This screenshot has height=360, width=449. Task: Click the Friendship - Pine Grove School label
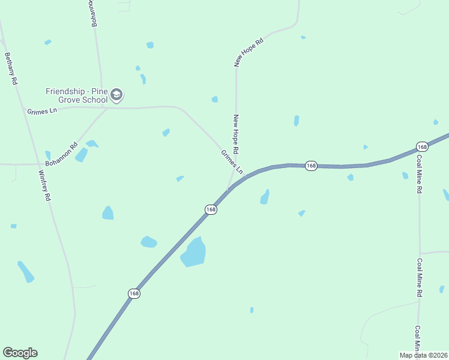[77, 95]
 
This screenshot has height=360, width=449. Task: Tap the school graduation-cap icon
[116, 95]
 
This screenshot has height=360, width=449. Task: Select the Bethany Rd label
[10, 68]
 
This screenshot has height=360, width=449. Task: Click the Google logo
[20, 353]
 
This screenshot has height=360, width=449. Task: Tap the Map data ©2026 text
[423, 355]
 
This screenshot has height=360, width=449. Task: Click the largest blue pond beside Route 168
[193, 252]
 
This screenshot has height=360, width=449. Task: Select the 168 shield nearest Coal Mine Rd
[422, 147]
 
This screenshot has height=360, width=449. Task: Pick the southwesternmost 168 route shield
[134, 293]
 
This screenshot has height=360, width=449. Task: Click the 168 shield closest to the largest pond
[210, 209]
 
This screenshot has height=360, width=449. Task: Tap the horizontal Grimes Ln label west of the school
[41, 112]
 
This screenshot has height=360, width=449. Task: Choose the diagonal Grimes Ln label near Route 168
[232, 162]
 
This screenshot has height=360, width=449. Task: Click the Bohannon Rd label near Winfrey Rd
[62, 154]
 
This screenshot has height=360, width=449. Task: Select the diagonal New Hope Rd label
[249, 52]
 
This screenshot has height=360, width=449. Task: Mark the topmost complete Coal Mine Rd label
[419, 174]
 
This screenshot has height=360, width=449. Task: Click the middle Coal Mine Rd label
[419, 277]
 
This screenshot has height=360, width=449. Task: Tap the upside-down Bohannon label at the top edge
[94, 13]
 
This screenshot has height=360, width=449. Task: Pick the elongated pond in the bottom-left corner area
[26, 272]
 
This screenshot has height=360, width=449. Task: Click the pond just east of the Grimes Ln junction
[265, 197]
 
